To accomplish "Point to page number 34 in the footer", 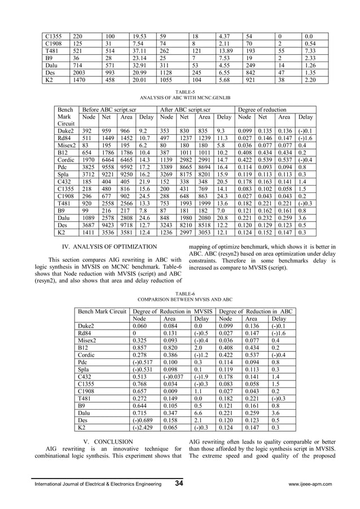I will coord(179,484).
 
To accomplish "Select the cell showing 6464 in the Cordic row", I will coord(106,160).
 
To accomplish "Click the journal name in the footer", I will coord(99,484).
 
